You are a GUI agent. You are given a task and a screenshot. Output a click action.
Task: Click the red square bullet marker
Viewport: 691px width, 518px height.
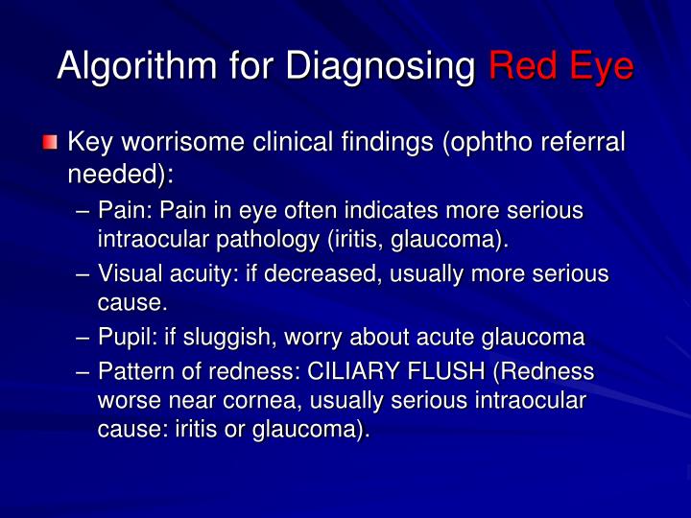click(50, 144)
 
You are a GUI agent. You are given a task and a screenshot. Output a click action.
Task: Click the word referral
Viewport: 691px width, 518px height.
click(582, 143)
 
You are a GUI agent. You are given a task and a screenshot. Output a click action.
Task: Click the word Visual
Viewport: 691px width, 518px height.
click(130, 274)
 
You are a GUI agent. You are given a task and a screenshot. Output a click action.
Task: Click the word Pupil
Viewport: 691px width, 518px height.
click(125, 338)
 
